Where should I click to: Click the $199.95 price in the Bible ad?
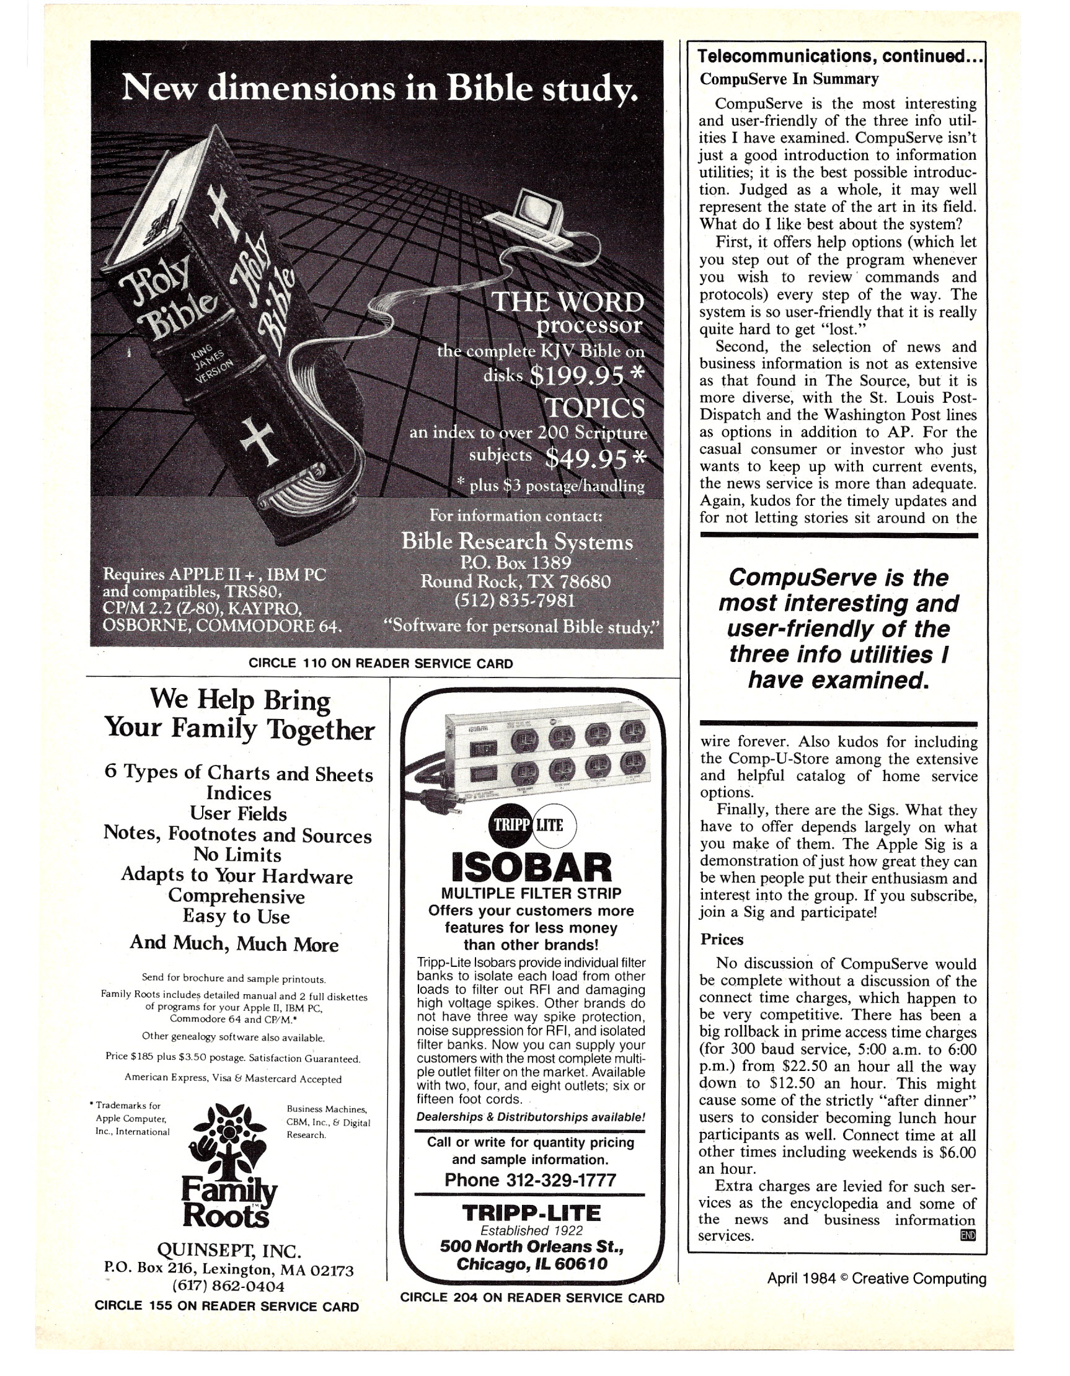point(578,376)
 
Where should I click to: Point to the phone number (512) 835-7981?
point(515,601)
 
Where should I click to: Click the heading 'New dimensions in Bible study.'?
point(379,87)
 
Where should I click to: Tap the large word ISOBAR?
point(531,868)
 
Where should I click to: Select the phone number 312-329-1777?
point(530,1180)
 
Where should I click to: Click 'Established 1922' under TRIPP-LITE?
point(531,1230)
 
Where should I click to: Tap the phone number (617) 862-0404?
point(229,1286)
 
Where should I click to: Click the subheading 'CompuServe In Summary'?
point(789,79)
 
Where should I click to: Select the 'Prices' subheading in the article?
point(722,940)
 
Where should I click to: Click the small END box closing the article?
point(966,1235)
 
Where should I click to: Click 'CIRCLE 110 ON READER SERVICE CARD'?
point(381,663)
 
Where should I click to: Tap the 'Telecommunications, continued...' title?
point(840,56)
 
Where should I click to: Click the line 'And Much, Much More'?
point(234,943)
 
